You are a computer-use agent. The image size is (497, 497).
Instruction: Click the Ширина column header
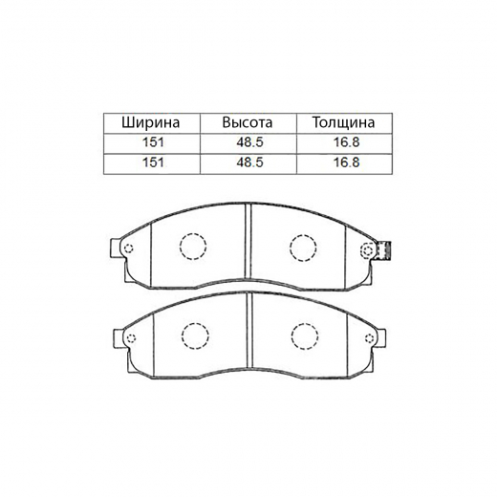coord(151,122)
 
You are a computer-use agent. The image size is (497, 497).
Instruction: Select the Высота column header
coord(248,122)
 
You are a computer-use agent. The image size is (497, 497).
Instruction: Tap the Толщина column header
coord(343,122)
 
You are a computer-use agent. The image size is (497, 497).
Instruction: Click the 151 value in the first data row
coord(153,142)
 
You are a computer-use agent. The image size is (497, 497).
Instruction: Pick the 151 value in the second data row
coord(153,162)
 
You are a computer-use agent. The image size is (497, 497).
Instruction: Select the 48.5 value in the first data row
coord(249,142)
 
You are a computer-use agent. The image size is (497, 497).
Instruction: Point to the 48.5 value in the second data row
coord(249,162)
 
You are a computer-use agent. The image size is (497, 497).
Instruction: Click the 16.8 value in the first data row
coord(346,142)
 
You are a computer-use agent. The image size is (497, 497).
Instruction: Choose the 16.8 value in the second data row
coord(346,162)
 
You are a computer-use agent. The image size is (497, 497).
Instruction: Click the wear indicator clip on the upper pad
coord(383,250)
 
